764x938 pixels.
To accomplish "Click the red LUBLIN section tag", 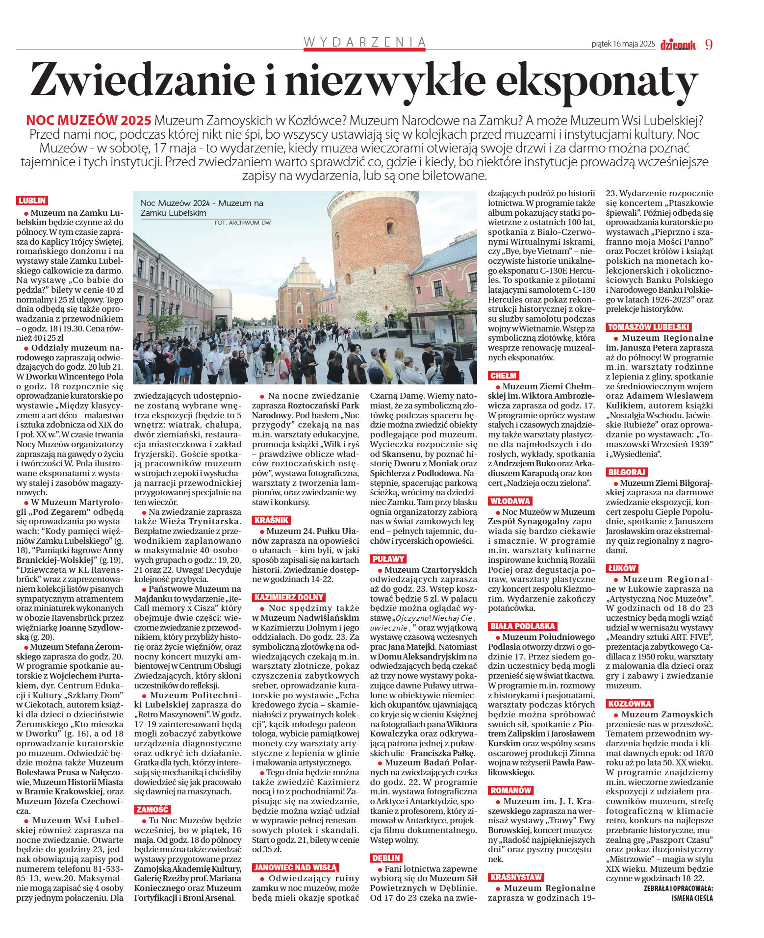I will pyautogui.click(x=32, y=201).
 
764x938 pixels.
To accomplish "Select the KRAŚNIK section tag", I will pyautogui.click(x=271, y=520).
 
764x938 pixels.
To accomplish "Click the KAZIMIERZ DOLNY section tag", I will pyautogui.click(x=289, y=597).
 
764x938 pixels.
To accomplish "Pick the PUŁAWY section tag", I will pyautogui.click(x=388, y=559).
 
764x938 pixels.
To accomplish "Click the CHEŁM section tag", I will pyautogui.click(x=503, y=376).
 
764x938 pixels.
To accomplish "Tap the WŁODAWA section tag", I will pyautogui.click(x=510, y=501).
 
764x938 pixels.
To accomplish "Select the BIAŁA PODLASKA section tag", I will pyautogui.click(x=522, y=626).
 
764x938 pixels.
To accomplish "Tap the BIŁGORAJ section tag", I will pyautogui.click(x=627, y=472).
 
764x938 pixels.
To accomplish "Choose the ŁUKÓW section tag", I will pyautogui.click(x=621, y=568).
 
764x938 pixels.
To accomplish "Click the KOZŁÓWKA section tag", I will pyautogui.click(x=629, y=704).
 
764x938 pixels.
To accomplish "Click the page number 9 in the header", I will pyautogui.click(x=709, y=45).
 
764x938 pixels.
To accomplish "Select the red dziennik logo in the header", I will pyautogui.click(x=678, y=45).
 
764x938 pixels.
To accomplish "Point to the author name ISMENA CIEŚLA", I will pyautogui.click(x=692, y=898).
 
